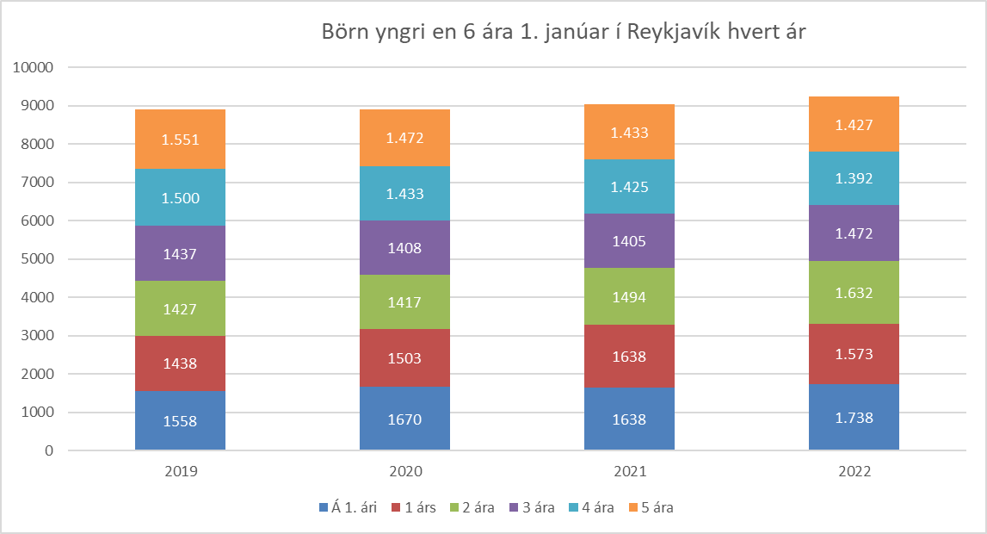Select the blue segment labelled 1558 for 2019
(x=180, y=420)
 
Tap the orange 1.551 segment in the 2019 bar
(x=180, y=139)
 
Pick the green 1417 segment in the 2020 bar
(x=404, y=301)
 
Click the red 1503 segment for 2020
(x=404, y=357)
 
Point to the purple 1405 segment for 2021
(x=629, y=240)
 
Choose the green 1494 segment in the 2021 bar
(x=629, y=296)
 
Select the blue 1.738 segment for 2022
(x=854, y=417)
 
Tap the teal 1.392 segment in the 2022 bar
(x=854, y=178)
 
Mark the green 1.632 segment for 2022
(x=854, y=292)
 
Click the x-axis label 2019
(x=180, y=472)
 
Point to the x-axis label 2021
(x=629, y=472)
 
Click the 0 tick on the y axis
(x=48, y=450)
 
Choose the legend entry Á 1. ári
(x=348, y=507)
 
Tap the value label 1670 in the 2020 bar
(x=404, y=420)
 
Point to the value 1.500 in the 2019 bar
(x=180, y=198)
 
